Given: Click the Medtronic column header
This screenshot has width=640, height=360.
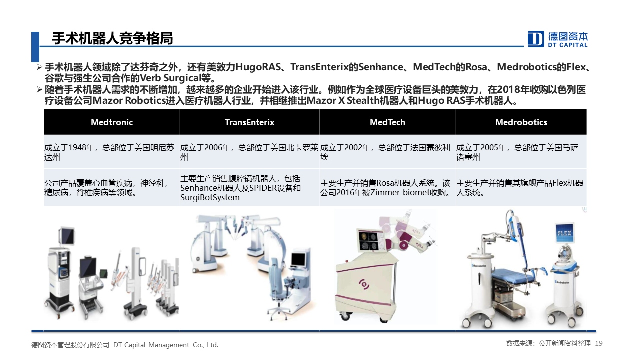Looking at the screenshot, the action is pos(112,122).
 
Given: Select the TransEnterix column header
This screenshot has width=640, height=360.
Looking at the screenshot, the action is pos(249,122).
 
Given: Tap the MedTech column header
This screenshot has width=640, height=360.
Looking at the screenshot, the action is pos(387,122).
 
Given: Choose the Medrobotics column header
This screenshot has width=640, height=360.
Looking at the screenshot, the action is pos(521,122).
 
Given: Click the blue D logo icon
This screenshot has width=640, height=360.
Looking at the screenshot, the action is pos(536,39).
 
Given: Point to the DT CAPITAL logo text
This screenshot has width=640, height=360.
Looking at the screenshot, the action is pos(568,45).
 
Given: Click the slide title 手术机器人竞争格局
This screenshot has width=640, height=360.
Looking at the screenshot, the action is pos(112,38).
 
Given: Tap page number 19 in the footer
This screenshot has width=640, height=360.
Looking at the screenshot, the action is pos(599,343).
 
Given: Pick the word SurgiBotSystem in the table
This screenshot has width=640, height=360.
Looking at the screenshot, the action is pos(210,197).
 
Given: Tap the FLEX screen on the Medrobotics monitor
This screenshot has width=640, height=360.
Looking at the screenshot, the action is pos(564,233).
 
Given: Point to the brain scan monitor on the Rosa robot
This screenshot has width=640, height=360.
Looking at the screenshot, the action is pos(370,240).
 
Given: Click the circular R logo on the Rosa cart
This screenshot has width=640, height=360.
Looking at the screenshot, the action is pos(364,284).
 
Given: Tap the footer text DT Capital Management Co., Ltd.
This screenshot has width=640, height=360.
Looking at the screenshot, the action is pos(166,345).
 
